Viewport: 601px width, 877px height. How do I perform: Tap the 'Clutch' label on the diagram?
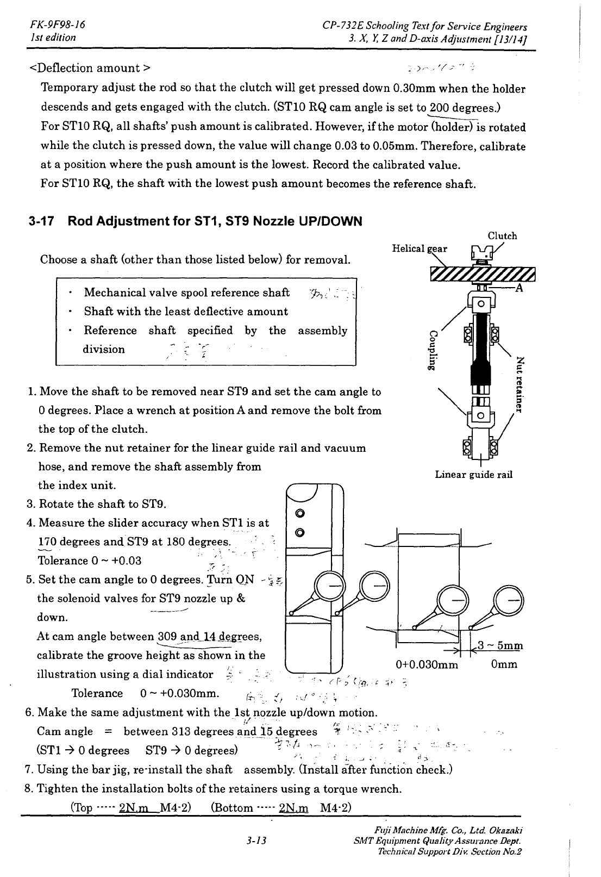[502, 236]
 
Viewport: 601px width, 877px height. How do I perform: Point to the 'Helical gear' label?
[420, 248]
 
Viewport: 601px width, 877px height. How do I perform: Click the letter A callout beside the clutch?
[519, 288]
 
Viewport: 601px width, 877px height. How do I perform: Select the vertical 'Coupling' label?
[433, 350]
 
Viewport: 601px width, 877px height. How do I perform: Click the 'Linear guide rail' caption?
[474, 475]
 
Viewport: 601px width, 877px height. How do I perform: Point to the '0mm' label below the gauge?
[504, 664]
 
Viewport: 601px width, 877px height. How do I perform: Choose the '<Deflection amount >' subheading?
[90, 68]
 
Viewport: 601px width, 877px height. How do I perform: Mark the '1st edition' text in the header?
[53, 38]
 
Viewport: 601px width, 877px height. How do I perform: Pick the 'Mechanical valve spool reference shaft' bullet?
[186, 293]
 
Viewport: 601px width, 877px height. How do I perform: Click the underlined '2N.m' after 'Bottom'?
[293, 807]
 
